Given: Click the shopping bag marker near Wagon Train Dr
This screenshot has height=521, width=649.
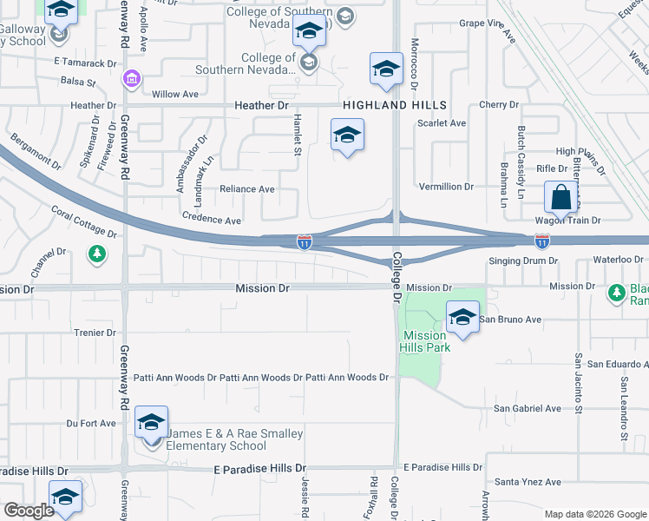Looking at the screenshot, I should tap(561, 197).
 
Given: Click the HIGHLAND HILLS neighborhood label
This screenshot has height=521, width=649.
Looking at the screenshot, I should tap(395, 105).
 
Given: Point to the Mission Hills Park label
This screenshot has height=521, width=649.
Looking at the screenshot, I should tap(425, 341).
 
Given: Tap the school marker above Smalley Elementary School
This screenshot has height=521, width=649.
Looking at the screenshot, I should tap(151, 424).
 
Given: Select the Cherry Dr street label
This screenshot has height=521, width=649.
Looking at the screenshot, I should tap(499, 105).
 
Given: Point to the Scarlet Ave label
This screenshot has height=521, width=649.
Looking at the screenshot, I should tap(442, 123).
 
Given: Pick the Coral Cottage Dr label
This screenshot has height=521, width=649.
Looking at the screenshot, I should tap(83, 221).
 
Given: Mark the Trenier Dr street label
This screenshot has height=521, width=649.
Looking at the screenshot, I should tap(95, 333).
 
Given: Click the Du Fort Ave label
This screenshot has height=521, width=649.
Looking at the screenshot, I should tap(91, 424).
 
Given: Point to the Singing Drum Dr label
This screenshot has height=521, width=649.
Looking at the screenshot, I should tap(522, 260).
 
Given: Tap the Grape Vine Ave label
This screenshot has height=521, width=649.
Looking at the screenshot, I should tap(487, 23).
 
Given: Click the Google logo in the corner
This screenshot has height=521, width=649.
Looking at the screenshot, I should tap(29, 511).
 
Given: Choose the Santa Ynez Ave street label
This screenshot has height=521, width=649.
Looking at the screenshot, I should tap(528, 482).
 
